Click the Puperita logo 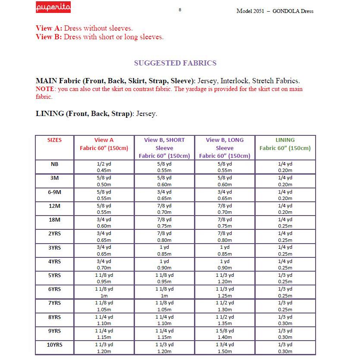click(53, 8)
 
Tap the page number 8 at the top click(179, 9)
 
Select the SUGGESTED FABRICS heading click(175, 63)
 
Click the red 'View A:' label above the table click(49, 28)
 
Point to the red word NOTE click(45, 89)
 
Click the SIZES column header click(54, 140)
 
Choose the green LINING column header click(285, 144)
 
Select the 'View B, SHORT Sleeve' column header click(164, 148)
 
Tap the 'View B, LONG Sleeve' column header click(225, 148)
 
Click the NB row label click(54, 164)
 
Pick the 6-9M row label click(54, 192)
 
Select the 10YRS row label click(54, 345)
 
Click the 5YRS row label click(54, 275)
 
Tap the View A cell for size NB click(104, 167)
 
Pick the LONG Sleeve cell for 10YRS click(225, 348)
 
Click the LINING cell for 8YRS click(285, 320)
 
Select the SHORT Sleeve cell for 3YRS click(164, 250)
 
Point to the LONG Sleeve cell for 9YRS click(225, 334)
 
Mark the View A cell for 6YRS click(104, 292)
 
